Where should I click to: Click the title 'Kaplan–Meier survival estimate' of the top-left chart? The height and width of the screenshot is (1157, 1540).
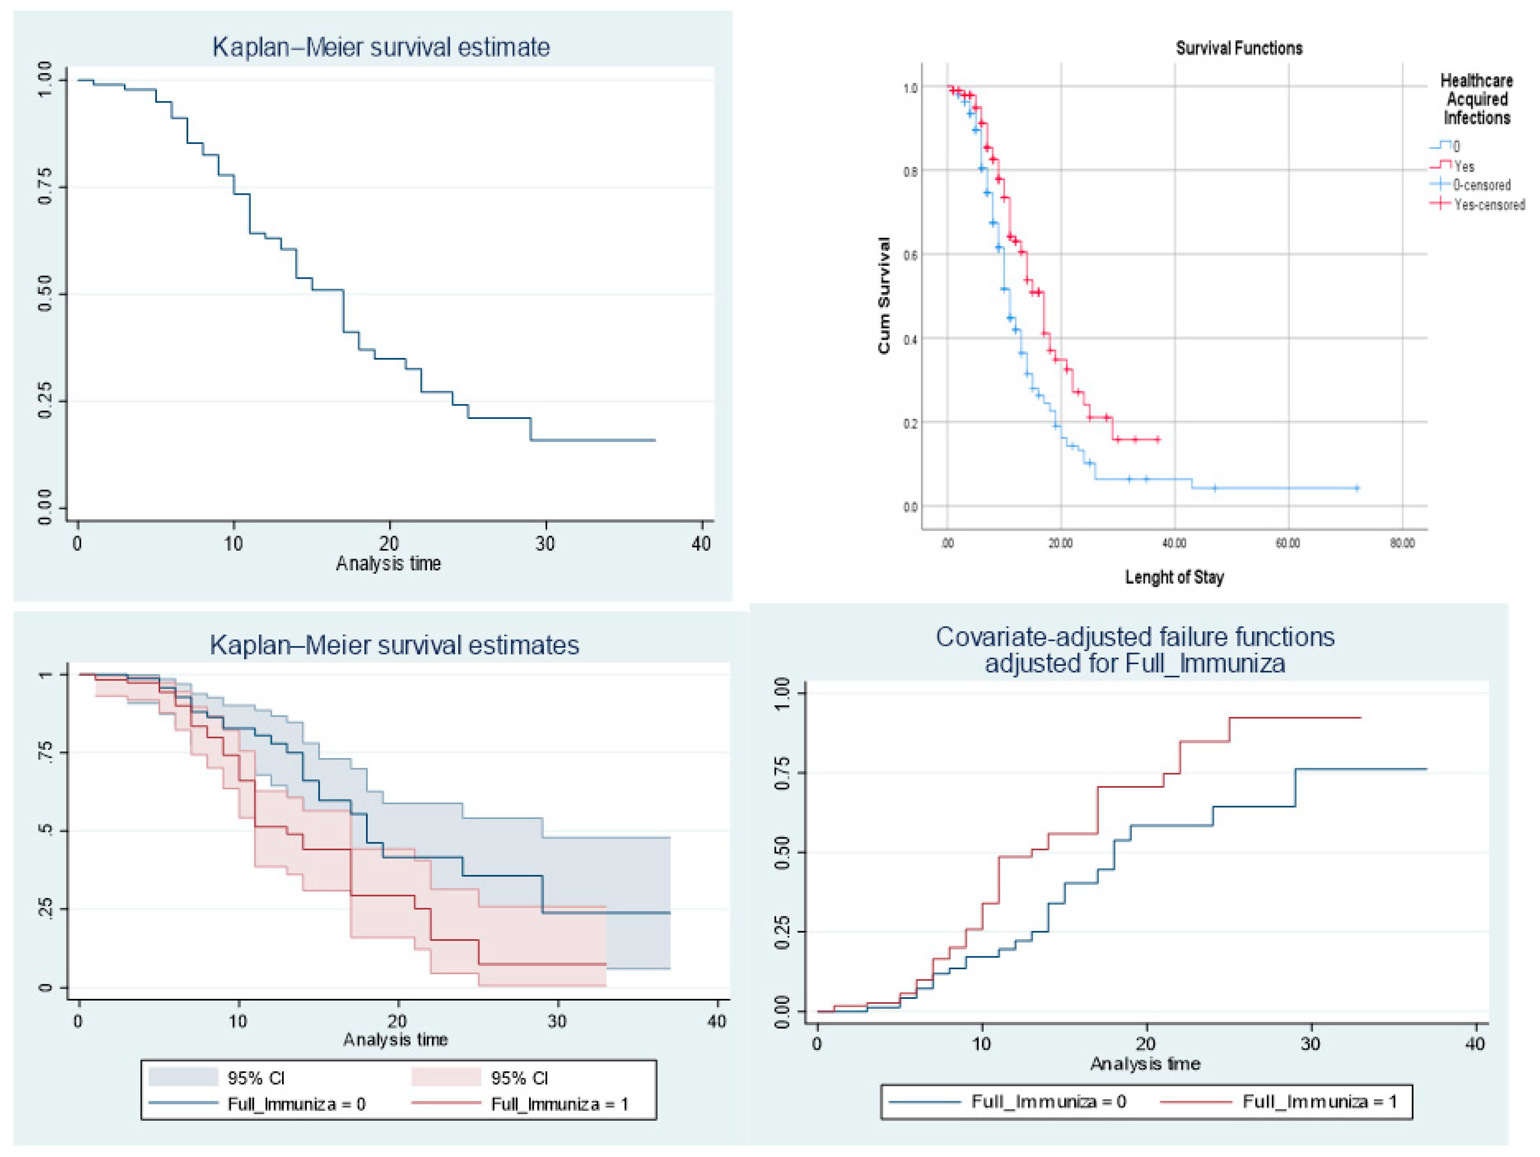(x=381, y=47)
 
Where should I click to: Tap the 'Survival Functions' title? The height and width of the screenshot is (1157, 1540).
(x=1239, y=48)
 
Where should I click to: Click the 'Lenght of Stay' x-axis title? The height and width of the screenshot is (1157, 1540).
(x=1174, y=577)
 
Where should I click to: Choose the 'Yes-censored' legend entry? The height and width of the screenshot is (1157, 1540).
(x=1489, y=205)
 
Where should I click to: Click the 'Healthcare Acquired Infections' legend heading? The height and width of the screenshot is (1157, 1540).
(x=1476, y=99)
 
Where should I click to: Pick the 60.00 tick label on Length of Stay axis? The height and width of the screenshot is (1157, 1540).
(x=1288, y=543)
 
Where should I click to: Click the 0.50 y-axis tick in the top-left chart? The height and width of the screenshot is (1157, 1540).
(x=45, y=294)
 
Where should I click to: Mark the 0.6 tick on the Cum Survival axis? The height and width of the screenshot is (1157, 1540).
(x=910, y=255)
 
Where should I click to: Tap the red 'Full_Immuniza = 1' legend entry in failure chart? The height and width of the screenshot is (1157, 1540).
(x=1319, y=1102)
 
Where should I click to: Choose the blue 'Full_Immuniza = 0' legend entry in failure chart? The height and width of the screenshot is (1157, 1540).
(x=1048, y=1102)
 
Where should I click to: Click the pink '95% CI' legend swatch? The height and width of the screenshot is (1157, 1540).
(x=446, y=1077)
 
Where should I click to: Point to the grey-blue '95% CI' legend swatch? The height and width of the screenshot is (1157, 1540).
(x=183, y=1077)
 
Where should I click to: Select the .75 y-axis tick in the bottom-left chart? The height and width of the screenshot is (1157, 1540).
(x=45, y=753)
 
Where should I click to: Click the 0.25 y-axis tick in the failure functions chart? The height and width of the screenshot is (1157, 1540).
(x=783, y=931)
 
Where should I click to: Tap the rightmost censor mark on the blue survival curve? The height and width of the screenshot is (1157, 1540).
(x=1357, y=488)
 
